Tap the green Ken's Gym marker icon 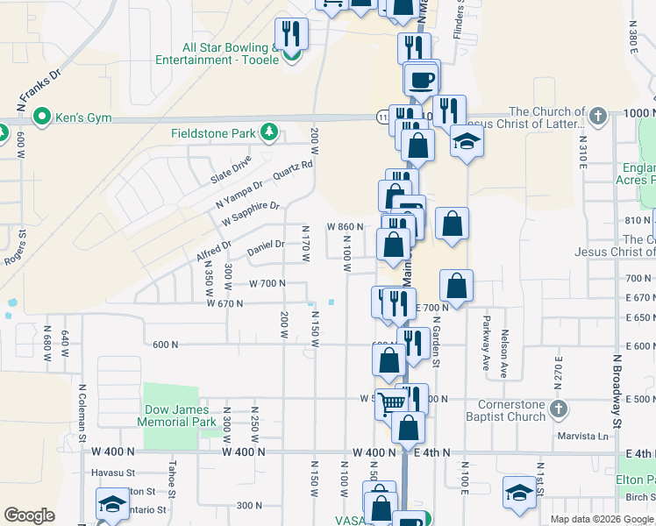click(40, 116)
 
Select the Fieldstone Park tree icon click(270, 133)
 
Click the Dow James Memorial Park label click(176, 416)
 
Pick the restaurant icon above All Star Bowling click(291, 34)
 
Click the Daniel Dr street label click(266, 248)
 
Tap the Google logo click(29, 515)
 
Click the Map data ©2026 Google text click(601, 519)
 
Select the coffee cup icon click(422, 80)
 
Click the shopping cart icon click(393, 402)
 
